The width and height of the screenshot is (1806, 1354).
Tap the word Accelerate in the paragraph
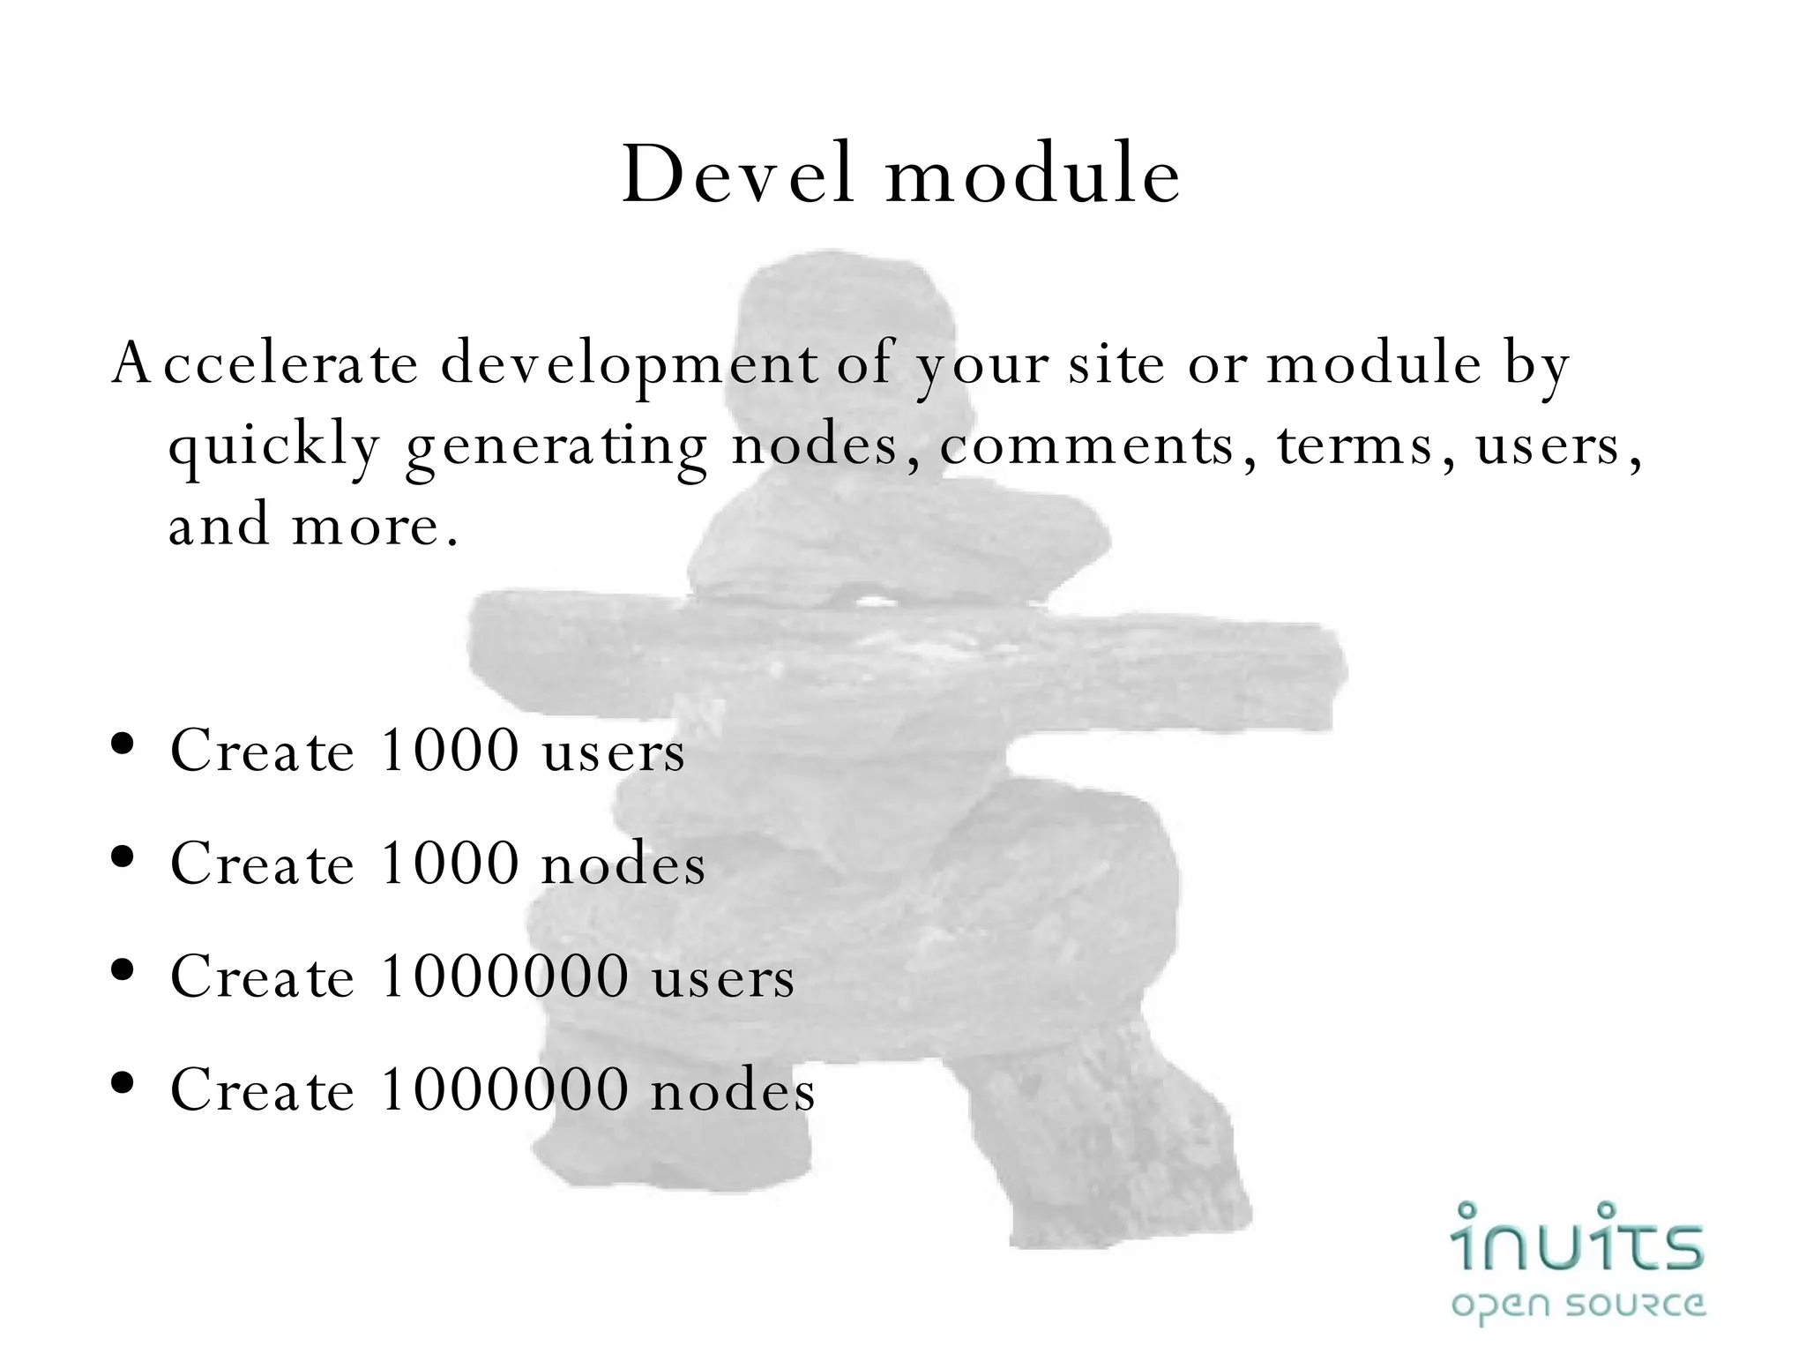[265, 363]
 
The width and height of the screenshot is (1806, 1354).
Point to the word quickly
[274, 446]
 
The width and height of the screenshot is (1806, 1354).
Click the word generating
[556, 446]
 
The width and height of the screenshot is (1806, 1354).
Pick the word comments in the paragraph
[1086, 445]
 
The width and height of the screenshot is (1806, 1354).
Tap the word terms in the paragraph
[1355, 445]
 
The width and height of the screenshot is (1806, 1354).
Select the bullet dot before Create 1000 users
[123, 744]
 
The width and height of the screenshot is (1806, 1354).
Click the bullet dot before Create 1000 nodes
[123, 857]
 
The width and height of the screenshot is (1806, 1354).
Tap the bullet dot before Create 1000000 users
[123, 969]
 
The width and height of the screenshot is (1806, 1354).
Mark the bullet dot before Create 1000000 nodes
[123, 1082]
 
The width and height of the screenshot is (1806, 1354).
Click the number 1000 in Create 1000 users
[450, 751]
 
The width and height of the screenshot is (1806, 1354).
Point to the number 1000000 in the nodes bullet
[504, 1089]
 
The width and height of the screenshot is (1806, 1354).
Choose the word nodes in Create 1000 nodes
[623, 864]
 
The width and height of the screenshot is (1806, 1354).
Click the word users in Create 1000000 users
[723, 977]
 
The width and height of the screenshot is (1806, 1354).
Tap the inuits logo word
[1577, 1237]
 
